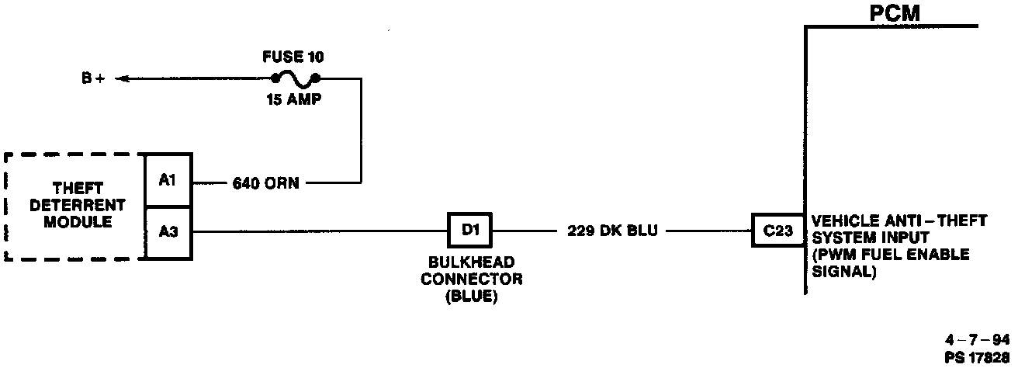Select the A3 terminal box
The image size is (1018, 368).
(x=169, y=231)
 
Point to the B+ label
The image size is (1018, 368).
(x=94, y=78)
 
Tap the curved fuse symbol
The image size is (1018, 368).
(x=296, y=77)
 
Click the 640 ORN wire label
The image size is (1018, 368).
(x=265, y=184)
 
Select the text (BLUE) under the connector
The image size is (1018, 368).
(x=471, y=295)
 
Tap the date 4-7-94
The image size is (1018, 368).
(x=978, y=340)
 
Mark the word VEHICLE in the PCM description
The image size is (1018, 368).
(x=840, y=221)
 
